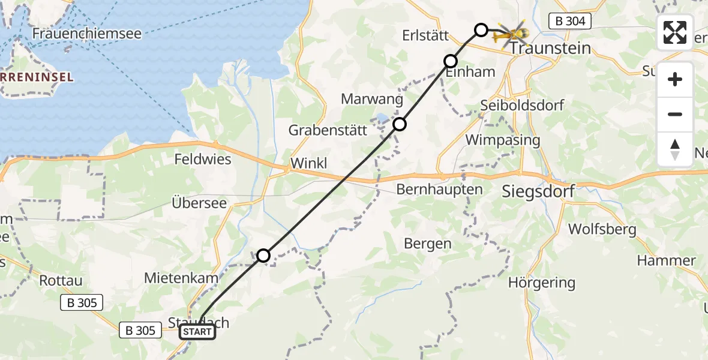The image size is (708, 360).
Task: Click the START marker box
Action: point(197,332)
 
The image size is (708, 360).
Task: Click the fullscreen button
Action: point(675,32)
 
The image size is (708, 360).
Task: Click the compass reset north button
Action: point(675,149)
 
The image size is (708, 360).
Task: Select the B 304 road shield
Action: point(570,22)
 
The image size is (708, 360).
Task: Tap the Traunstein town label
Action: point(551,48)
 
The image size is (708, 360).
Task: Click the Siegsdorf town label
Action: point(538,192)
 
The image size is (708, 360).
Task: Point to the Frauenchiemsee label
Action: point(86,34)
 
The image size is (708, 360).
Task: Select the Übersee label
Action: point(199,203)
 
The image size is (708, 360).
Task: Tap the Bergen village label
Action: point(427,244)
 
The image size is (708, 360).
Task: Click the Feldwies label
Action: point(203,160)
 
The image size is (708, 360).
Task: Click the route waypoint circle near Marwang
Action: point(400,124)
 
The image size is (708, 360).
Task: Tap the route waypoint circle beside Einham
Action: point(451,61)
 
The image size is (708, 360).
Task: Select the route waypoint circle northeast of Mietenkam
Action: point(263,256)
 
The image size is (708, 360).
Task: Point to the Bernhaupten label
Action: point(440,190)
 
